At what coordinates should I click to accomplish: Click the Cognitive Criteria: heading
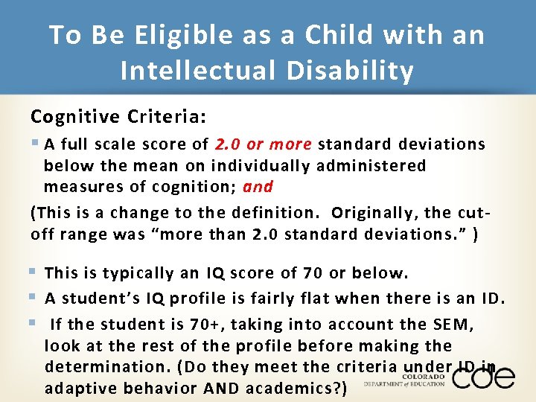(x=118, y=118)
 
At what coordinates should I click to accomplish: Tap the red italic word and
(x=258, y=186)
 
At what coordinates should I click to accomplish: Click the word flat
(x=319, y=299)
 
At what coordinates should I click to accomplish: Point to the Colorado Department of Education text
(x=404, y=380)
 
